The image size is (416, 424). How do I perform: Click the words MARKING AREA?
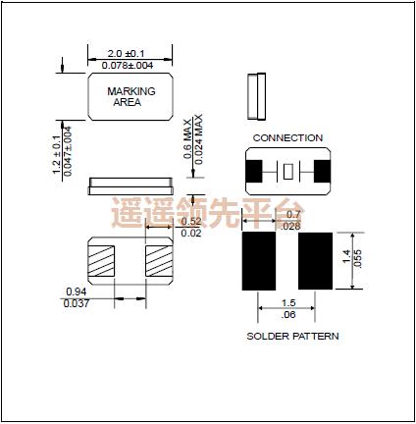(126, 95)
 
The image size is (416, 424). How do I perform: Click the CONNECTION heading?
(286, 138)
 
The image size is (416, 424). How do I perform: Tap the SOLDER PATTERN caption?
(291, 336)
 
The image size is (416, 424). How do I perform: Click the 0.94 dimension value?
(75, 292)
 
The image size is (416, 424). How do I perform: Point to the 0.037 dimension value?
(75, 304)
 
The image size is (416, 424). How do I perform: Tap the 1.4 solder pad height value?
(346, 259)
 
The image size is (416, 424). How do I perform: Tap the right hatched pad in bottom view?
(157, 260)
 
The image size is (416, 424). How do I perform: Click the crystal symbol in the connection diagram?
(287, 173)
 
